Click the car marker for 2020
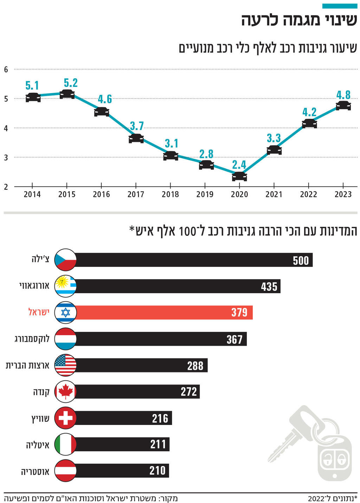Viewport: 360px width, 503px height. [239, 176]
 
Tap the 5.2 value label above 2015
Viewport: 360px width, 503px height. [71, 83]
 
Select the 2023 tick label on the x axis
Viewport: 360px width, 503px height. [343, 194]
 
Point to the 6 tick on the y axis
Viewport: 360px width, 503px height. [6, 69]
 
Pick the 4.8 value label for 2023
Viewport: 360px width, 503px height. [343, 95]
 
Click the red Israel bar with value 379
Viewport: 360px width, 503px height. [164, 312]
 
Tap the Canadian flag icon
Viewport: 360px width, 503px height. [65, 392]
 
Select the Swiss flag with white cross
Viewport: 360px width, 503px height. [65, 418]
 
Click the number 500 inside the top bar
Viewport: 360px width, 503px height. [301, 260]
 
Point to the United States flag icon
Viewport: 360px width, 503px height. [65, 365]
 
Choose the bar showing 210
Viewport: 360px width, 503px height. [122, 471]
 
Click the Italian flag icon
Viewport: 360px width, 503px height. [65, 444]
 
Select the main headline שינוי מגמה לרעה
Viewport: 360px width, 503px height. [299, 20]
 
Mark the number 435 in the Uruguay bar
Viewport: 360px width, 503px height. [269, 287]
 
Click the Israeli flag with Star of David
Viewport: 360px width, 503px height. [65, 312]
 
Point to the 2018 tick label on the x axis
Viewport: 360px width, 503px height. [170, 194]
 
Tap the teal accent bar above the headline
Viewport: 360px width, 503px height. [340, 6]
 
